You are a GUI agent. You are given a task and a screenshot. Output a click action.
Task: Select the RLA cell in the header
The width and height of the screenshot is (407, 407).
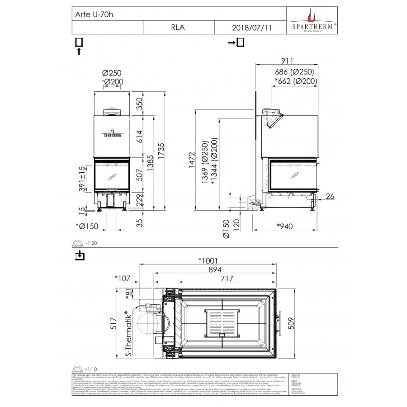click(x=178, y=27)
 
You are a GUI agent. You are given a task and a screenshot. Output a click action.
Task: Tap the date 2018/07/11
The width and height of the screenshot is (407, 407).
click(x=252, y=27)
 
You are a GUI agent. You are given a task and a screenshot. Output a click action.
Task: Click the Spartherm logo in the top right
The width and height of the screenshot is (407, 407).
click(x=312, y=20)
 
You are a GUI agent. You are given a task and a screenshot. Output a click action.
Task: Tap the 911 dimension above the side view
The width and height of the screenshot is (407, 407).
click(x=287, y=61)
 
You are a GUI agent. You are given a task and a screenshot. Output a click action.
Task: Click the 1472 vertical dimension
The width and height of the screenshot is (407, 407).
click(x=192, y=160)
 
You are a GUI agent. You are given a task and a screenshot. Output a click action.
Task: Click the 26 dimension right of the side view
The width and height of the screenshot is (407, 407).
click(x=330, y=196)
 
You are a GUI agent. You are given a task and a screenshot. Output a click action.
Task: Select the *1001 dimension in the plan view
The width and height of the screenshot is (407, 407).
click(x=208, y=260)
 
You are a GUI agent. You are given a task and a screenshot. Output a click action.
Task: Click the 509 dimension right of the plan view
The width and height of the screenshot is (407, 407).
click(x=292, y=322)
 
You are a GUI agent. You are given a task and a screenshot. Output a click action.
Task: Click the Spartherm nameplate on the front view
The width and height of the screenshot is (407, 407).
click(x=112, y=133)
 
